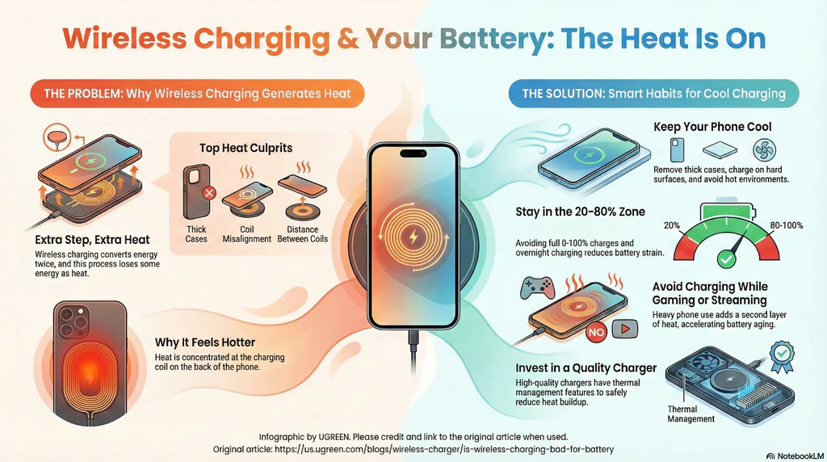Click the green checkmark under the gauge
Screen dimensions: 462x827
click(725, 259)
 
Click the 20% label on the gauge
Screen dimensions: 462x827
click(671, 225)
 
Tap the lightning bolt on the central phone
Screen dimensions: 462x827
click(413, 238)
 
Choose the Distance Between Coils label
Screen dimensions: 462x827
click(302, 234)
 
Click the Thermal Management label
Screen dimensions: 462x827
click(691, 414)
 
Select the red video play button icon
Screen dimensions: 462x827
click(623, 330)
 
